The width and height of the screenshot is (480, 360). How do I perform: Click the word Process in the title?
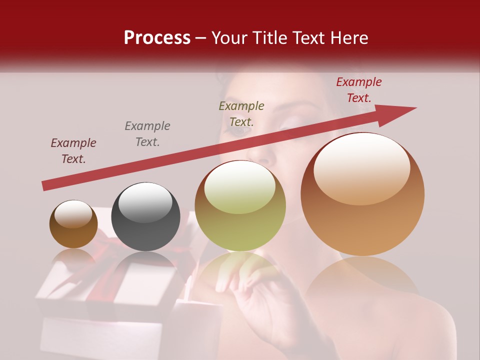tap(157, 38)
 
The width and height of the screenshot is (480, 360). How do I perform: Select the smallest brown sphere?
tap(73, 224)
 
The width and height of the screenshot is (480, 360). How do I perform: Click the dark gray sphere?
tap(145, 216)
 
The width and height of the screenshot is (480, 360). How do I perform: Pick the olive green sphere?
tap(240, 205)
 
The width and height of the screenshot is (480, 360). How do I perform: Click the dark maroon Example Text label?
tap(73, 151)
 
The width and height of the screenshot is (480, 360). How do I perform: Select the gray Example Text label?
tap(147, 134)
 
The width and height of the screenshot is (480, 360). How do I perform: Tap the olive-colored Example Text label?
tap(241, 114)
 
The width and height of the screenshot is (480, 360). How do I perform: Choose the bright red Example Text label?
tap(359, 90)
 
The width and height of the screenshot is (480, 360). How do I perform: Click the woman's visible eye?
tap(241, 130)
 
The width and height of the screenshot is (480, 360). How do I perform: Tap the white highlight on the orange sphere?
tap(362, 167)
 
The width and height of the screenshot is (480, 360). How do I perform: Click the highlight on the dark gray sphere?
tap(145, 201)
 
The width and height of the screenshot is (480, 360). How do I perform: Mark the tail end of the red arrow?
tap(45, 186)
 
